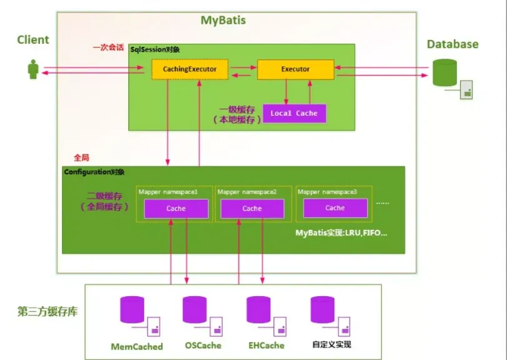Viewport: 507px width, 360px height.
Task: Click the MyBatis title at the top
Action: (223, 21)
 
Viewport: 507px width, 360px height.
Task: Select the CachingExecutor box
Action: (190, 69)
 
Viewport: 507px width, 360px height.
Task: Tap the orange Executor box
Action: (295, 69)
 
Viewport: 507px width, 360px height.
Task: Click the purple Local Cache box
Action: (294, 113)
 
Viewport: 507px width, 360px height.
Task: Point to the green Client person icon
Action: (33, 69)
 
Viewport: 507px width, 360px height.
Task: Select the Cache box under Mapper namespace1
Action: (176, 208)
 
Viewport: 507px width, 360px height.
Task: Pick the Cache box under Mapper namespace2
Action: (252, 208)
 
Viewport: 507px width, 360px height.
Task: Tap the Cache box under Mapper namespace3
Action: (335, 208)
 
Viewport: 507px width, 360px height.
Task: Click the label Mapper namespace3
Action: (327, 192)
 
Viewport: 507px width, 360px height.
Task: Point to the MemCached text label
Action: (136, 346)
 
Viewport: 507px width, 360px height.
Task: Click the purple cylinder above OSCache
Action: (195, 309)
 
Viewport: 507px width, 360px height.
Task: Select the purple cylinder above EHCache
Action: (259, 309)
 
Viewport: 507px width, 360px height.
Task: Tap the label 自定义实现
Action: (331, 344)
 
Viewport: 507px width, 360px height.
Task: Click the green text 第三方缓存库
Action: (48, 311)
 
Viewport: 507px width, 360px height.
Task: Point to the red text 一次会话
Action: (108, 47)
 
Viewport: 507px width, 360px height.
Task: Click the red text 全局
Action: (82, 158)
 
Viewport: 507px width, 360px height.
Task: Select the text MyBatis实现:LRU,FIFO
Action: (342, 233)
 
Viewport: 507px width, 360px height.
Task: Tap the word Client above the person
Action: (33, 40)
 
